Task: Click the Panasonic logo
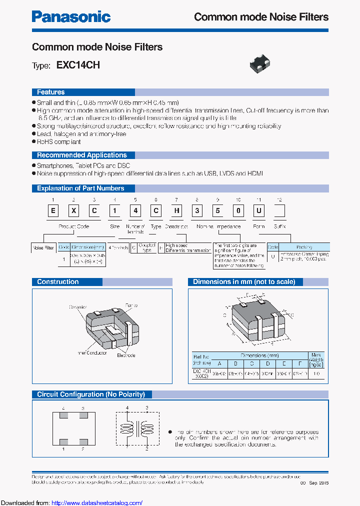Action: coord(71,16)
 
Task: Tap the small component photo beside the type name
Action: coord(260,63)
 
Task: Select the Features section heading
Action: coord(51,92)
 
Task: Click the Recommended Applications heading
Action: coord(82,155)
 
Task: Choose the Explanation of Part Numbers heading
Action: coord(80,188)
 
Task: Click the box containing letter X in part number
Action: coord(73,210)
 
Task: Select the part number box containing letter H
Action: coord(176,210)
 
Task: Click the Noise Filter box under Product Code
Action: coord(43,247)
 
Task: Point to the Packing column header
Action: coord(304,247)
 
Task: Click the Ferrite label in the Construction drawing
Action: coord(131,305)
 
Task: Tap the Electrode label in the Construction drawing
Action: coord(126,355)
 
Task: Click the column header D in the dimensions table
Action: coord(268,363)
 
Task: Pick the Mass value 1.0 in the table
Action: coord(316,373)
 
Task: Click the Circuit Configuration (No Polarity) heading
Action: coord(91,394)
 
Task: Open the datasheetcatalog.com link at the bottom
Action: coord(97,502)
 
